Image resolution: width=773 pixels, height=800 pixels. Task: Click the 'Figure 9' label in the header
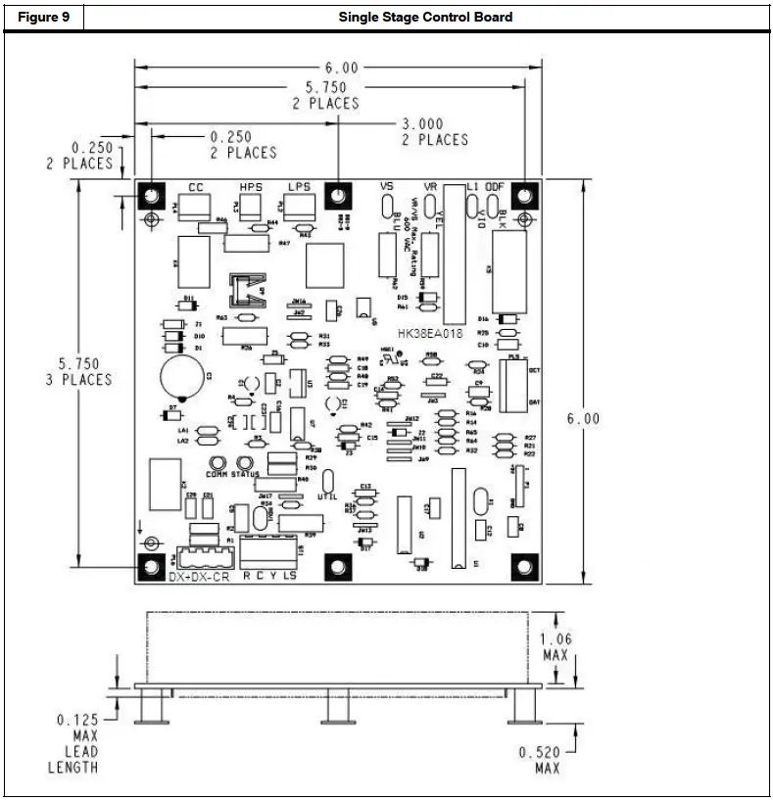pyautogui.click(x=43, y=17)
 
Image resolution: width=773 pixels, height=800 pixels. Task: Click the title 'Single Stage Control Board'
pyautogui.click(x=425, y=17)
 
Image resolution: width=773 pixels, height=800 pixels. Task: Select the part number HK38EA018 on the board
pyautogui.click(x=430, y=334)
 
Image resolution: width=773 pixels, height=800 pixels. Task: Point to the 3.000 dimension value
pyautogui.click(x=422, y=124)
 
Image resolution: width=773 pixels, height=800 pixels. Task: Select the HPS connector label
pyautogui.click(x=251, y=186)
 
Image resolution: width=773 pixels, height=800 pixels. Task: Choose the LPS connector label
pyautogui.click(x=299, y=186)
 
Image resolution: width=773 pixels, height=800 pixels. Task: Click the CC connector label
pyautogui.click(x=196, y=186)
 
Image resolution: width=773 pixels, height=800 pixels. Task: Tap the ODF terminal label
pyautogui.click(x=500, y=186)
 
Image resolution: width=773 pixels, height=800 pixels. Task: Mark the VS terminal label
pyautogui.click(x=386, y=186)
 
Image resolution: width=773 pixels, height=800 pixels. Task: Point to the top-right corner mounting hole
pyautogui.click(x=525, y=194)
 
